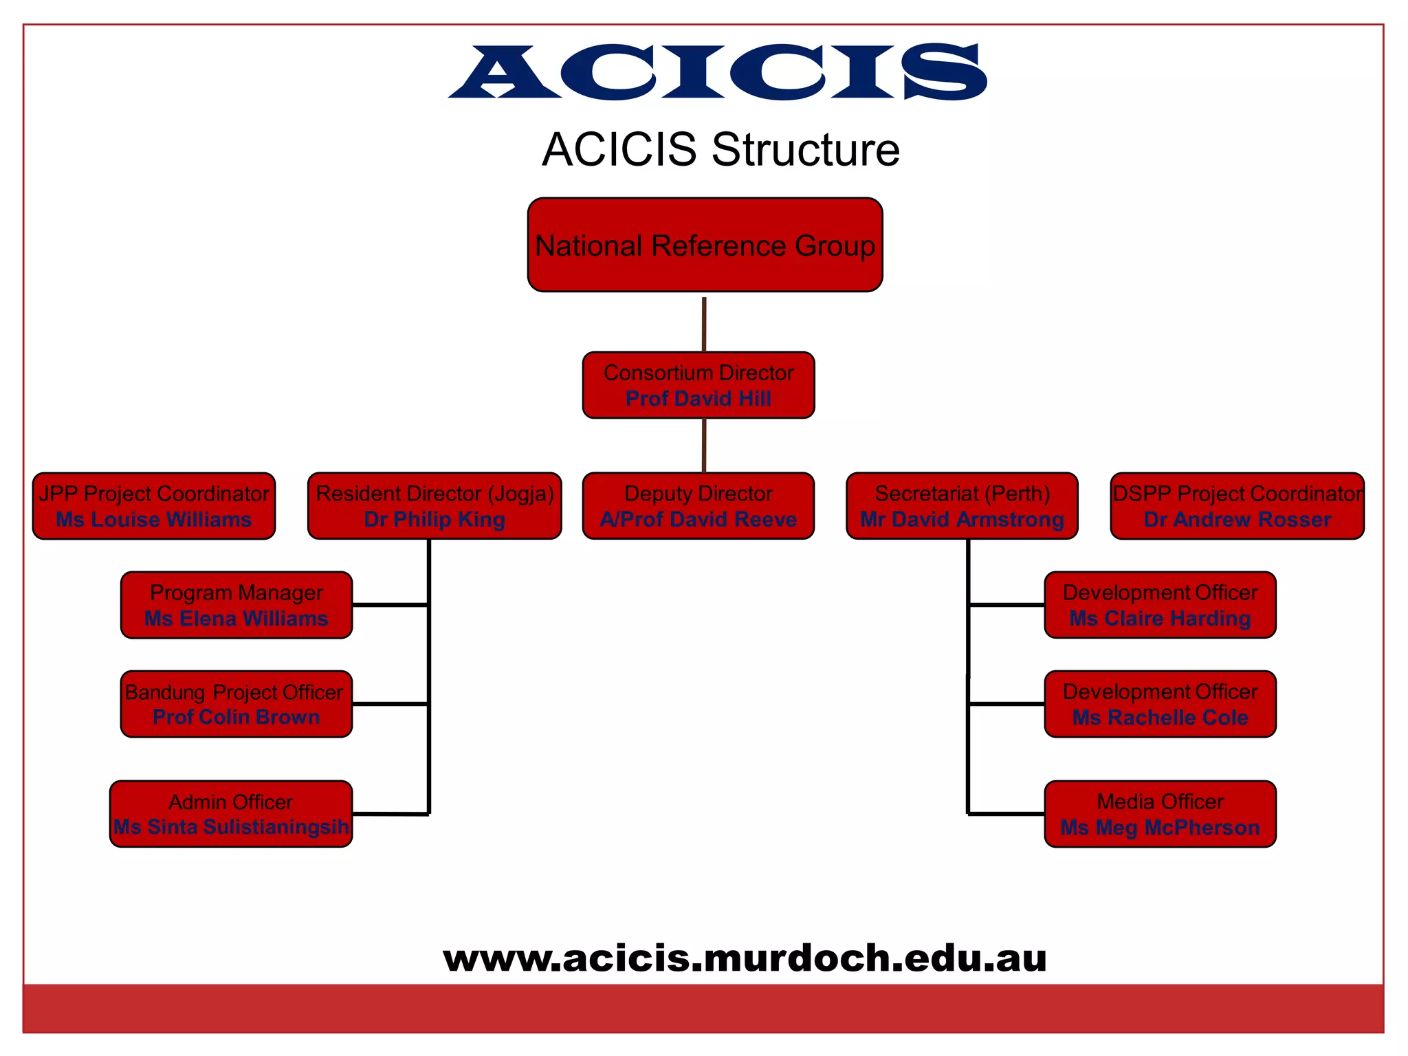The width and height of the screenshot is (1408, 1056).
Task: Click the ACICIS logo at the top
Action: [x=718, y=71]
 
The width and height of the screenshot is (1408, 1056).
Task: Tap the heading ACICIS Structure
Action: [x=720, y=149]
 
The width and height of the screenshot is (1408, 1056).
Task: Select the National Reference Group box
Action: [x=705, y=245]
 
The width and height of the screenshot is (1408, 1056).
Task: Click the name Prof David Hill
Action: [x=698, y=399]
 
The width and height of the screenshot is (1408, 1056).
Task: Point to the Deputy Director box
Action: [x=698, y=505]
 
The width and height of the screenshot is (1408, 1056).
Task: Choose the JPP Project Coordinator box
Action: [x=153, y=505]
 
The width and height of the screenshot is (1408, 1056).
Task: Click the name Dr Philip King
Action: [x=434, y=520]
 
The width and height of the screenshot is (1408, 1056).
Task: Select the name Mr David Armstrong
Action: [x=962, y=520]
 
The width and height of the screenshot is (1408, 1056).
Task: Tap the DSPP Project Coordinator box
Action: [x=1237, y=505]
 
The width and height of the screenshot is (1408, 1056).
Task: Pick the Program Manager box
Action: [x=236, y=605]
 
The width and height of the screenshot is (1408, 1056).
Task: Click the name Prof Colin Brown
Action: [x=236, y=717]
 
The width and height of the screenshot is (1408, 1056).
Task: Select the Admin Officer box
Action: [x=231, y=813]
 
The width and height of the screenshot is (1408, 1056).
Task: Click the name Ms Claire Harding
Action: [x=1160, y=619]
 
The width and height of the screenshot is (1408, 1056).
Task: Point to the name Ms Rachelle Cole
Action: [x=1160, y=718]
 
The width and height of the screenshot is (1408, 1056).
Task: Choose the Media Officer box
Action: [x=1160, y=813]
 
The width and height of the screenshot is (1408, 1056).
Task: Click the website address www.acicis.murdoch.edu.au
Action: [x=745, y=958]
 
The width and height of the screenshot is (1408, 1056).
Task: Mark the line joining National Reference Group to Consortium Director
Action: [x=704, y=323]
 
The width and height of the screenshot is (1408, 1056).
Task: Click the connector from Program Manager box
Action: [x=390, y=605]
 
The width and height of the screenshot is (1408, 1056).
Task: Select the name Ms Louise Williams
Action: [x=153, y=520]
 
